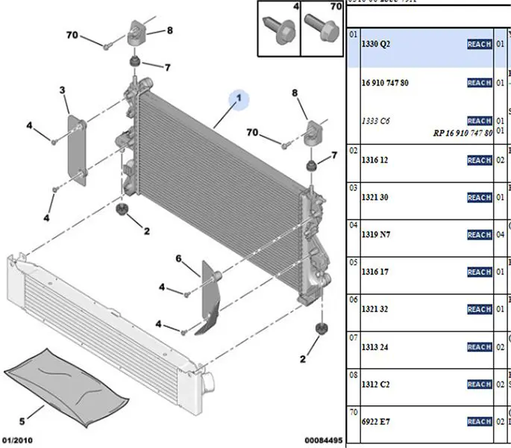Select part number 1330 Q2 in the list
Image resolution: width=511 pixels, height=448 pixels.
tap(376, 44)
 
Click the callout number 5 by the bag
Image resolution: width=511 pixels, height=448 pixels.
tap(22, 421)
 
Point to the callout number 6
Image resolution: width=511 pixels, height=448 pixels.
tap(179, 259)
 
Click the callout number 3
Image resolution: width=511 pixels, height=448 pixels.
tap(63, 91)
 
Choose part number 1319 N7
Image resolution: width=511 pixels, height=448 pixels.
tap(376, 235)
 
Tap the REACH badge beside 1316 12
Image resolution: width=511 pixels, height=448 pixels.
tap(479, 161)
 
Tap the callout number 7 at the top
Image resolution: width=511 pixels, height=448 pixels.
tap(167, 68)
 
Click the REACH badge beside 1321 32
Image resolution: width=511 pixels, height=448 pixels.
tap(479, 310)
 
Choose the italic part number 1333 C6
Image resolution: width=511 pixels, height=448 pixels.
tap(376, 120)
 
